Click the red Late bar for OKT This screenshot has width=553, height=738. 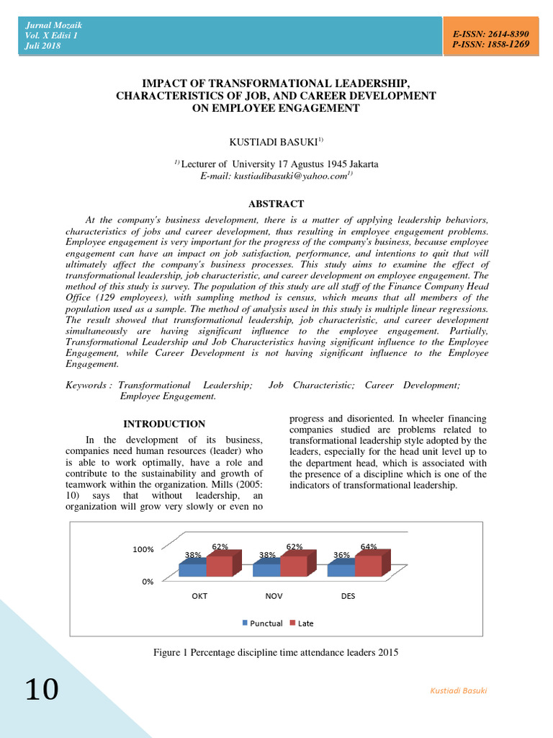[220, 566]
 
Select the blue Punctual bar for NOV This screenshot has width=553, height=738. [266, 569]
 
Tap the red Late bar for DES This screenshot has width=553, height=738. [368, 566]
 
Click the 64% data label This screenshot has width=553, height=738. [369, 547]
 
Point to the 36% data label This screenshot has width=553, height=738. [341, 555]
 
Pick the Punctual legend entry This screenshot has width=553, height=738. [262, 623]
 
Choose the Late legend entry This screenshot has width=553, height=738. [302, 623]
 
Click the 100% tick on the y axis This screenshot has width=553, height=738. [143, 549]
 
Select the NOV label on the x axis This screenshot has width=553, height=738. [274, 597]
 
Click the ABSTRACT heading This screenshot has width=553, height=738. [276, 204]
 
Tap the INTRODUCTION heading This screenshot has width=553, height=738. [164, 424]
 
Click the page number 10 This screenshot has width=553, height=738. [42, 690]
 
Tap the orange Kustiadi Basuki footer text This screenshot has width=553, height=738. [459, 690]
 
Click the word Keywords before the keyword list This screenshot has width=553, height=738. [86, 386]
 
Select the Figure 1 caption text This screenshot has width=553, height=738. [276, 652]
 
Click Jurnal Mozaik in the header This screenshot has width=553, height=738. [50, 25]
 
